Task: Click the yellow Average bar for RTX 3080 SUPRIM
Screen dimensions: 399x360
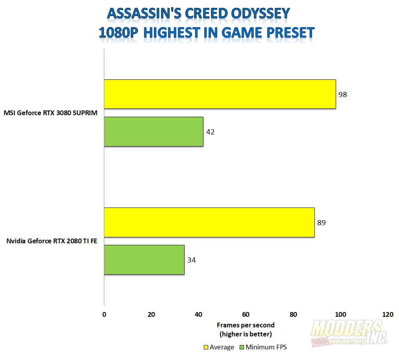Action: coord(220,94)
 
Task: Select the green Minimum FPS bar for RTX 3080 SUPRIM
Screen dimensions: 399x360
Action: coord(154,132)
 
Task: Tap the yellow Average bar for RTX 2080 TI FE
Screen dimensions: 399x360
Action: coord(209,222)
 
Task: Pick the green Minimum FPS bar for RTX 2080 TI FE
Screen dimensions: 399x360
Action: coord(144,260)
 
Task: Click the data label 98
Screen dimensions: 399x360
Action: coord(342,95)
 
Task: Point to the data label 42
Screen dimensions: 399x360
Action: coord(211,132)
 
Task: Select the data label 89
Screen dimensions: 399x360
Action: coord(321,223)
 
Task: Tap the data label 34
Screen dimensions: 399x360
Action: coord(192,260)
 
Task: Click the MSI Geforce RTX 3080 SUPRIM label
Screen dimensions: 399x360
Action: coord(50,113)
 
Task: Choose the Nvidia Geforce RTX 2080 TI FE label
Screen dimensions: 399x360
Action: coord(52,241)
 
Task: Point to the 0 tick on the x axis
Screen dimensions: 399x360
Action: coord(104,314)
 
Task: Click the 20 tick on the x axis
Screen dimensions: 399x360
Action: coord(151,314)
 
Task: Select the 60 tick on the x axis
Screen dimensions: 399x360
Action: coord(246,314)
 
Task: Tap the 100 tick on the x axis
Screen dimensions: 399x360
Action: coord(340,314)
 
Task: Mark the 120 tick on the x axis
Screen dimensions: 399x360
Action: coord(388,314)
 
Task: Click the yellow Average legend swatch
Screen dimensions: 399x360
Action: coord(206,347)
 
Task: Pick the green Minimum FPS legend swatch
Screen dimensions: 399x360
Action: coord(242,347)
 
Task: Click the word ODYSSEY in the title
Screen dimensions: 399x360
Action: coord(260,13)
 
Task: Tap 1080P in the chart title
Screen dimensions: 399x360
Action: coord(118,33)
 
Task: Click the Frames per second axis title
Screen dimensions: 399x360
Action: coord(246,325)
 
